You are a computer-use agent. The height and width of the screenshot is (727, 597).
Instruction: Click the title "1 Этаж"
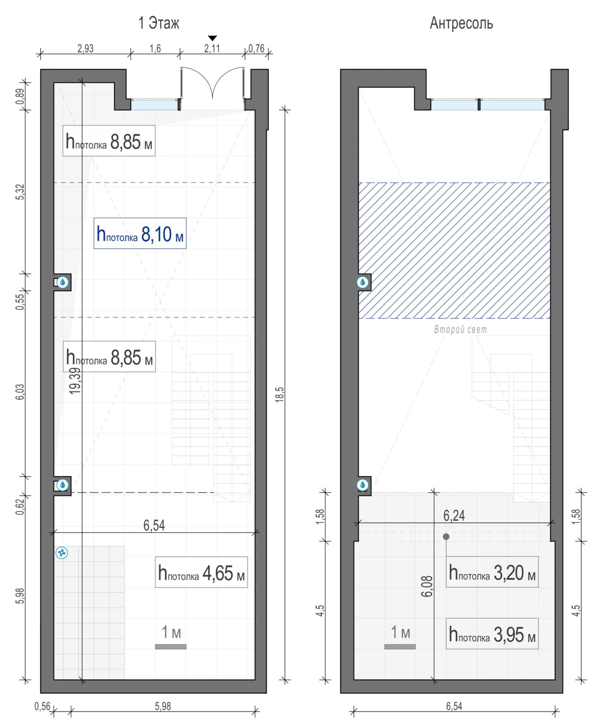point(159,23)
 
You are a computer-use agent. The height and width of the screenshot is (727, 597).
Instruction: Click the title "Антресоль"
point(461,23)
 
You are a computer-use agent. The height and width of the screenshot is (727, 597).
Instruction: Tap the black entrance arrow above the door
point(213,38)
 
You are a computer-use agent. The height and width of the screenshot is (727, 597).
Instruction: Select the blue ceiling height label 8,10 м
point(140,233)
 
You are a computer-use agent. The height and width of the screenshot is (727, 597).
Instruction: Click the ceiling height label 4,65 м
point(201,572)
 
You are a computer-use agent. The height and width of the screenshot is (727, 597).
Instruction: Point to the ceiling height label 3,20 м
point(492,572)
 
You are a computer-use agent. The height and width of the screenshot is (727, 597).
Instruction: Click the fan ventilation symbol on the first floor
point(62,553)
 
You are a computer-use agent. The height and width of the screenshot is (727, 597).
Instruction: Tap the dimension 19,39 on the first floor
point(75,381)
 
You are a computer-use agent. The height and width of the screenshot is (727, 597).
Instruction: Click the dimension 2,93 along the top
point(85,49)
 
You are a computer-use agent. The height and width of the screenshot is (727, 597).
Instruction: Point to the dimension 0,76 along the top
point(257,49)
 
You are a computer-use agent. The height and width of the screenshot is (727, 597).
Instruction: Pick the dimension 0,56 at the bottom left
point(42,706)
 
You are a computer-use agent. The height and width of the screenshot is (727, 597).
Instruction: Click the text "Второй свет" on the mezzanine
point(460,329)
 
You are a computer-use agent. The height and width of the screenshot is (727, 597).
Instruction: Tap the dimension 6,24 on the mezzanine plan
point(454,515)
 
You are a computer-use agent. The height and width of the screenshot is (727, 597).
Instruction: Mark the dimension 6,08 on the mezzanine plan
point(427,586)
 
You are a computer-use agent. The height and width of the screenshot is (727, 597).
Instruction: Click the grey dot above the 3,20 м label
point(446,536)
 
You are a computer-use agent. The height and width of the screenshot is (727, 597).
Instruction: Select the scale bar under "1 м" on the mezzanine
point(400,646)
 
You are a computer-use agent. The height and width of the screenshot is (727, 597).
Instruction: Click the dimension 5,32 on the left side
point(20,192)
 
